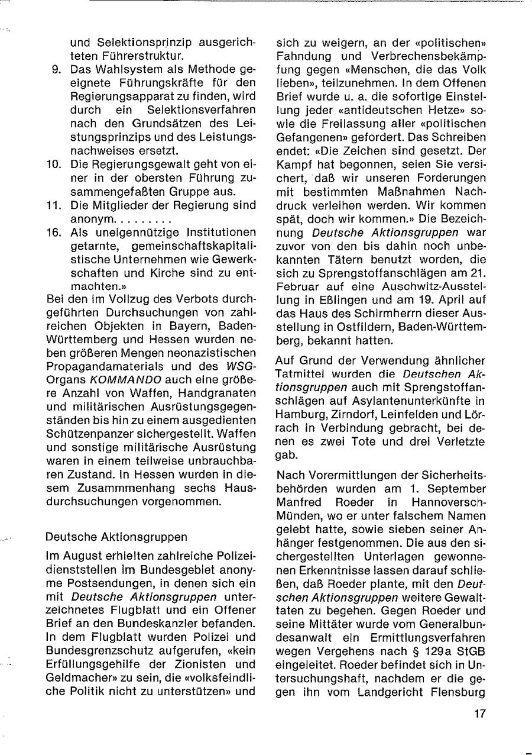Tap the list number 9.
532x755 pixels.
(57, 70)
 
